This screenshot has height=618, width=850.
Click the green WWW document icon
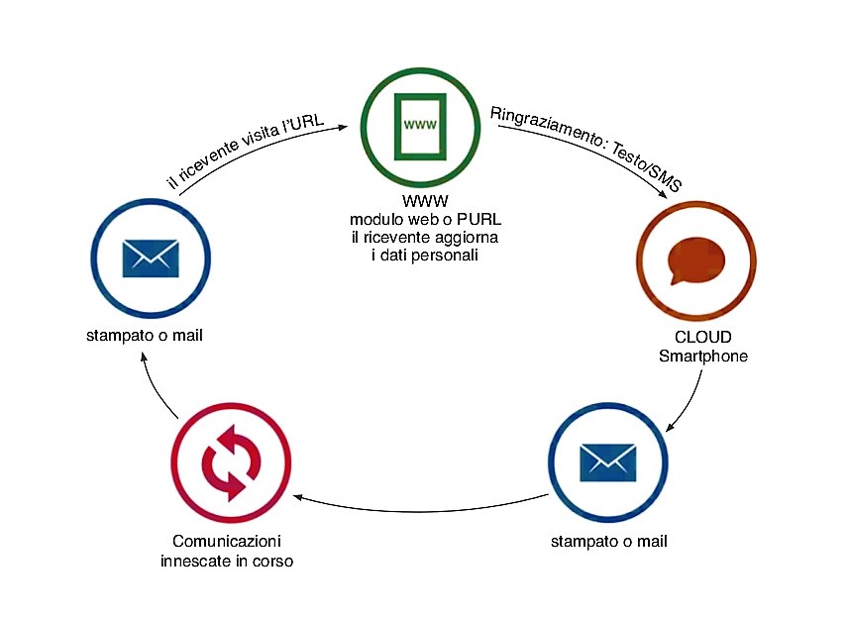pyautogui.click(x=419, y=125)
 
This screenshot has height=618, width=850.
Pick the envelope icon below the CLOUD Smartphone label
pyautogui.click(x=606, y=461)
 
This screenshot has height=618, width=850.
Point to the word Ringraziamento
pyautogui.click(x=541, y=123)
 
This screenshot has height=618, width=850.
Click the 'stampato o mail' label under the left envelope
pyautogui.click(x=145, y=336)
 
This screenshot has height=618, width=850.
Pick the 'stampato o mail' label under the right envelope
pyautogui.click(x=608, y=541)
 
